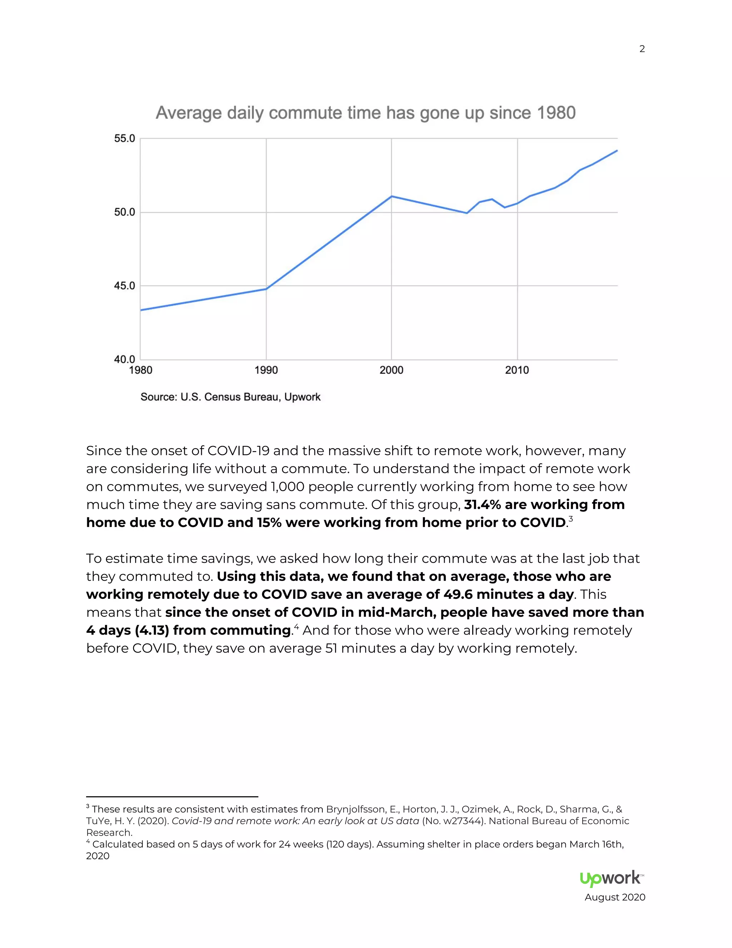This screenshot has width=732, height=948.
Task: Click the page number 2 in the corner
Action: pos(642,49)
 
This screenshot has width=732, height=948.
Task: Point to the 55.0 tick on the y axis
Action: pos(124,138)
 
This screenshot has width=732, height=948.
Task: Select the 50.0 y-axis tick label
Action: pos(124,212)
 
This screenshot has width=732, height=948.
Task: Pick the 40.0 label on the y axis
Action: pos(124,360)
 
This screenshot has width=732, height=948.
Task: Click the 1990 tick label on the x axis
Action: pos(266,370)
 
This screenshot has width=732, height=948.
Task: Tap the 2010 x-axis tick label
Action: pos(517,370)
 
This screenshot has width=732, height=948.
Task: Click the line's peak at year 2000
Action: pos(392,196)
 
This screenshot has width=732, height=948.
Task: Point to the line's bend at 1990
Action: pos(266,289)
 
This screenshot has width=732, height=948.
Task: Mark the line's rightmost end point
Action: pos(617,151)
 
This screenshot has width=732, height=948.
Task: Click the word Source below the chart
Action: pos(158,397)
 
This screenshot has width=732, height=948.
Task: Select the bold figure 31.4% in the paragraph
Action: pos(482,505)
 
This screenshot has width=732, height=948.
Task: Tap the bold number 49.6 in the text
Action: pos(457,594)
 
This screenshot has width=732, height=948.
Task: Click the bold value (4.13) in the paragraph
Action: pos(152,630)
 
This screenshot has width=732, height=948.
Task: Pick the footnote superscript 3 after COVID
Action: pos(571,519)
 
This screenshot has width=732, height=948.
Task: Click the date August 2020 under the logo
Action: pos(614,897)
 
